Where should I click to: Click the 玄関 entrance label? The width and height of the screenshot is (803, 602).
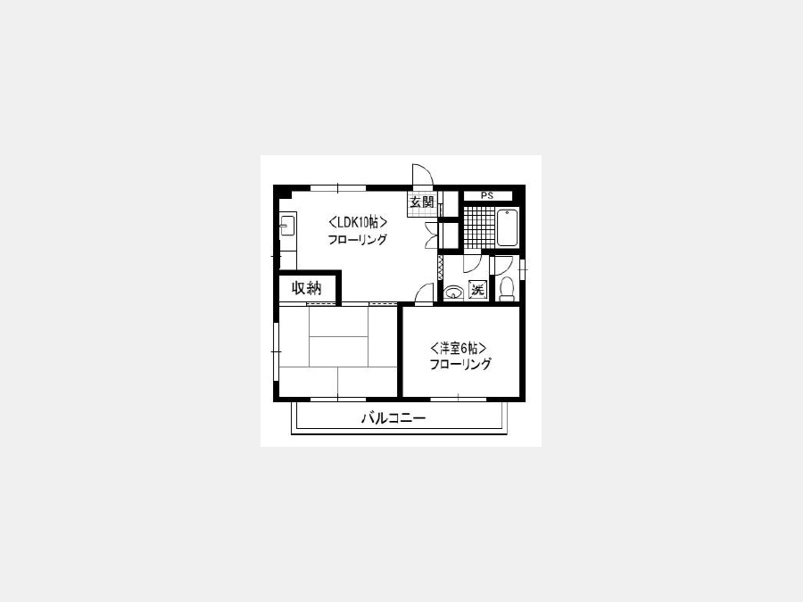coord(422,202)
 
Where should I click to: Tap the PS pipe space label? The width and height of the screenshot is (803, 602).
coord(487,195)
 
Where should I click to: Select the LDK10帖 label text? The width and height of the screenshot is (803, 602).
coord(357,223)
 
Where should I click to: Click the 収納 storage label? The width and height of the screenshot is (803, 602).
coord(306,288)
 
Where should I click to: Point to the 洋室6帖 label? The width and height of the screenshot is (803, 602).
coord(458,349)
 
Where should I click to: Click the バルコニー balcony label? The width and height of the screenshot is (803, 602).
coord(393,418)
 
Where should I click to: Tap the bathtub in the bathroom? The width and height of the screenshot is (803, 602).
coord(507,227)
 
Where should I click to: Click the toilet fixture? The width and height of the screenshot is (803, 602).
coord(507,288)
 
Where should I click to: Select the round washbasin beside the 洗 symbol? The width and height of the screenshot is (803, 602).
coord(453,293)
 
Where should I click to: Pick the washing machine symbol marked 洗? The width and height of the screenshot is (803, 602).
coord(477,290)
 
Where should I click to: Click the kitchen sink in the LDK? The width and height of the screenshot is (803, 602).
coord(287,226)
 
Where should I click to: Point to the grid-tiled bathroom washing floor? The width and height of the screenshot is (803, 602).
coord(479,227)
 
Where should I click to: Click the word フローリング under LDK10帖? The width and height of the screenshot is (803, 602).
coord(357,239)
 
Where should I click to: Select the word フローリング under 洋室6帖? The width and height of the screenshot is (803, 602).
coord(459,365)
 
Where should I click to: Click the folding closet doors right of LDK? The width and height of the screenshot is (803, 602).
coord(431,235)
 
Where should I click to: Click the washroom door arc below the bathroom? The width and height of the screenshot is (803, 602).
coord(472,264)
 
